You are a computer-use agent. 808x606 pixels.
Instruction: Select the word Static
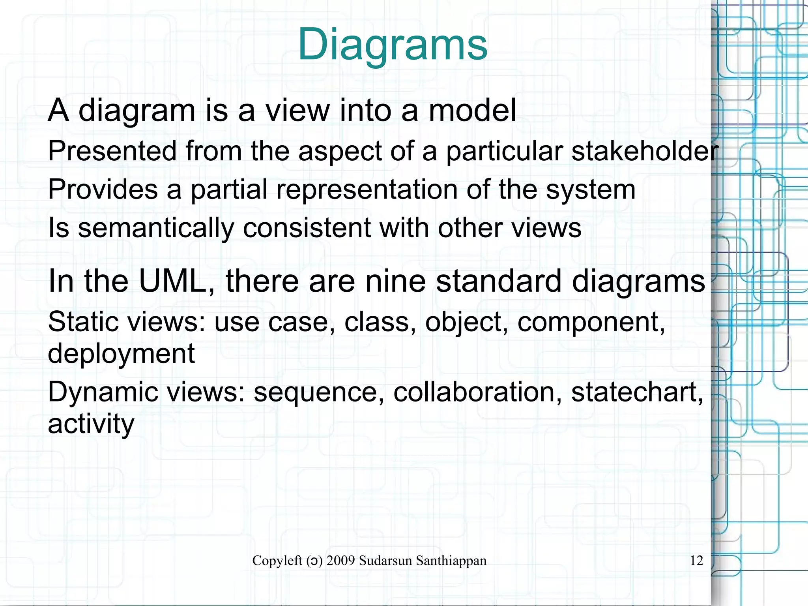83,322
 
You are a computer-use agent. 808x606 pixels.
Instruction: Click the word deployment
121,353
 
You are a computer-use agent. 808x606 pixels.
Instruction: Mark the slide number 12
696,561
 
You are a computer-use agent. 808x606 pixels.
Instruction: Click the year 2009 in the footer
341,561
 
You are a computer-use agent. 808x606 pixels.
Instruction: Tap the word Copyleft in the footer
277,561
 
